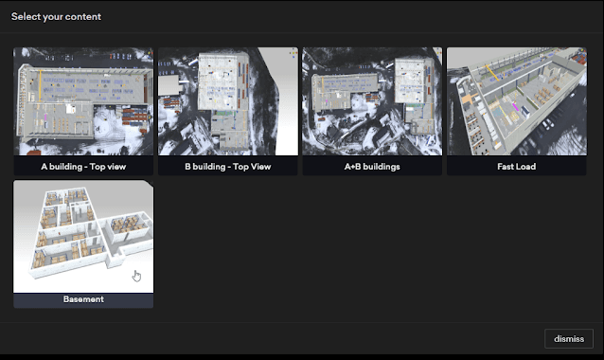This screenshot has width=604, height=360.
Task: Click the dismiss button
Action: (x=569, y=338)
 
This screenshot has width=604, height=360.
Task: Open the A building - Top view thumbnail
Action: (x=83, y=101)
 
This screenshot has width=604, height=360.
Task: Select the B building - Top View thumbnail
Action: (x=227, y=101)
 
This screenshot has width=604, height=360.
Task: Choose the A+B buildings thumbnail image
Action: (x=372, y=101)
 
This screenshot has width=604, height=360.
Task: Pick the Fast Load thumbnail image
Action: (x=517, y=101)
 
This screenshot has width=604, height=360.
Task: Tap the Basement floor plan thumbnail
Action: (x=83, y=236)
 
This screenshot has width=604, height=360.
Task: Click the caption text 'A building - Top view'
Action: (x=83, y=166)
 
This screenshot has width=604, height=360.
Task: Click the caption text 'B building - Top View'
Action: (x=227, y=166)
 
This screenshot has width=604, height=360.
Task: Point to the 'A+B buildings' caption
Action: (x=372, y=166)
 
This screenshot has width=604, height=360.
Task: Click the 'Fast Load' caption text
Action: (x=517, y=166)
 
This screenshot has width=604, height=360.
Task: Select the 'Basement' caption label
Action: (x=83, y=299)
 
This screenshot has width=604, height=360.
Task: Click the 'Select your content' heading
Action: (x=56, y=16)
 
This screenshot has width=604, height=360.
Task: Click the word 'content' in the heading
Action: (x=83, y=16)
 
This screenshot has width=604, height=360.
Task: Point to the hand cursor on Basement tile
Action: (x=136, y=276)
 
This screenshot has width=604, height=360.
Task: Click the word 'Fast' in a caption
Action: (x=506, y=166)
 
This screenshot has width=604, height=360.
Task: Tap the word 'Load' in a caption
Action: (x=527, y=166)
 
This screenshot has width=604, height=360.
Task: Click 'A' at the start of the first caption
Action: (x=44, y=166)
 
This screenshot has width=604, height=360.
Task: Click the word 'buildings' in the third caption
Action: (x=381, y=166)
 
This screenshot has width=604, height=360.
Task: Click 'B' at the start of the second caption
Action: (x=187, y=166)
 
